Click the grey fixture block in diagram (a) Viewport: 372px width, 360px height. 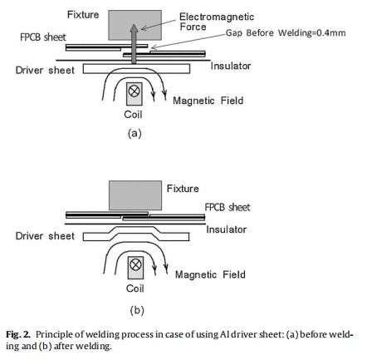pos(135,25)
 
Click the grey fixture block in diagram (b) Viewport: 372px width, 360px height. pos(135,195)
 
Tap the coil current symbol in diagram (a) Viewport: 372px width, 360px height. pos(135,91)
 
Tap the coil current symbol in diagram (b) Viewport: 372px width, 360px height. pos(135,265)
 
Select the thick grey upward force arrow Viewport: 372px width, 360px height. pos(134,44)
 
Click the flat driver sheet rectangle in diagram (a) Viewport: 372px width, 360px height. pos(136,69)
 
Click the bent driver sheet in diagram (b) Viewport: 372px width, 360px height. pos(136,234)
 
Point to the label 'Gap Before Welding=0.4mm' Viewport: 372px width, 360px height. pos(286,33)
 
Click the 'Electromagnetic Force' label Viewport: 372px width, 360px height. pos(217,22)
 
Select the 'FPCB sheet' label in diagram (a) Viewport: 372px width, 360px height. pos(43,37)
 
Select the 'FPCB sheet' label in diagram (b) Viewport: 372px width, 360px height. pos(228,207)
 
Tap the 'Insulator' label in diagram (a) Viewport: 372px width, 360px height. pos(231,66)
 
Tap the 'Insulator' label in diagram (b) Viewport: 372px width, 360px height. pos(227,229)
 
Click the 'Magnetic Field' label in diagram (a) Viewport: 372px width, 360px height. pos(208,101)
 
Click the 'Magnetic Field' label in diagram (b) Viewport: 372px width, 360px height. pos(210,274)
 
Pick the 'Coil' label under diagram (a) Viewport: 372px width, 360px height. pos(133,115)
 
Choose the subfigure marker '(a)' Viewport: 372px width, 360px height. pos(135,133)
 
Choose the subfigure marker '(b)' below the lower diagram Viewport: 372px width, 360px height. pos(137,310)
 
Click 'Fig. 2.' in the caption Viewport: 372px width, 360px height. pos(18,335)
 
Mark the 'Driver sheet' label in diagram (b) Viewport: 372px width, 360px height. pos(45,236)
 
